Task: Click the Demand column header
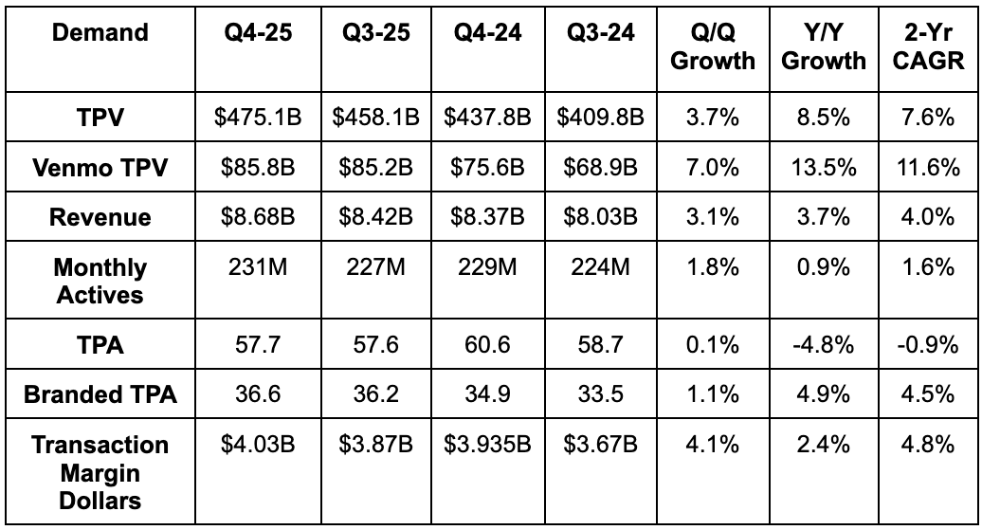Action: (100, 33)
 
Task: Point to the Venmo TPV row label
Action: (100, 168)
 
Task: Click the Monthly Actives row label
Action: (100, 281)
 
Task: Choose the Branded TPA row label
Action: (100, 394)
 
